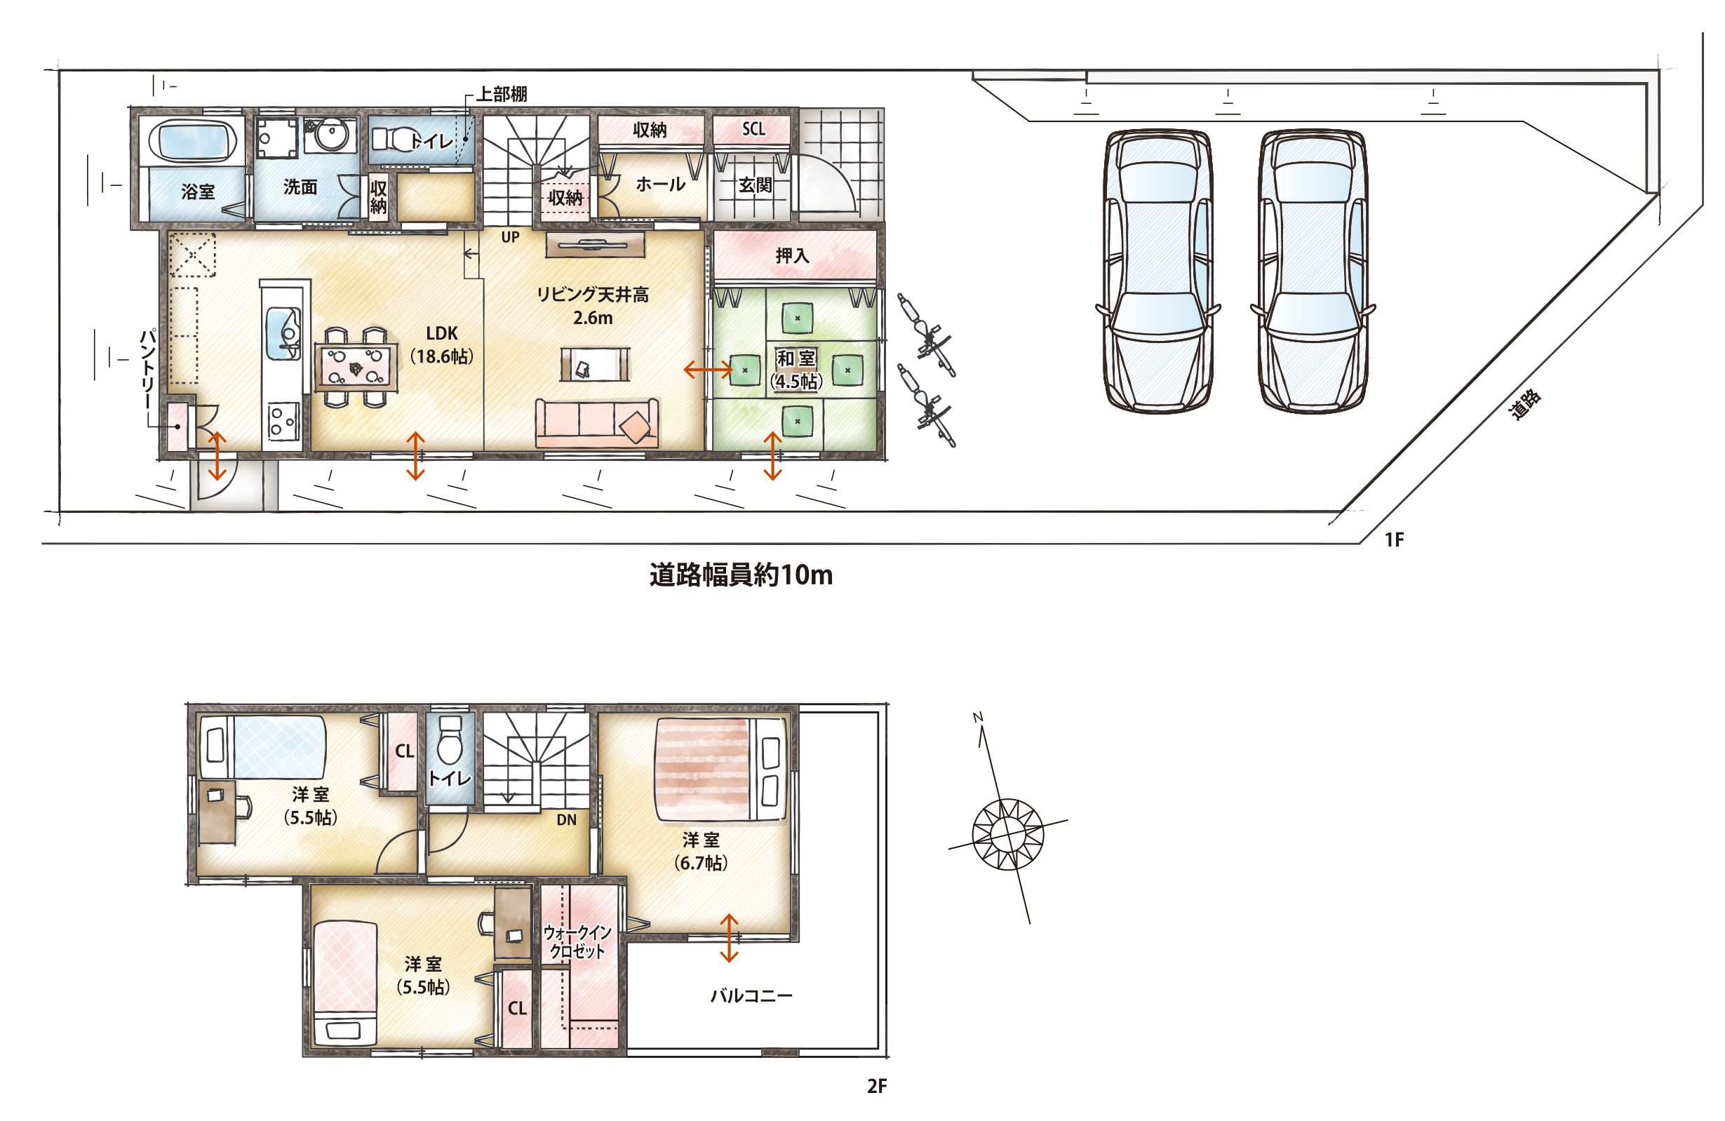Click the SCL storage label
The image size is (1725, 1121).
(754, 129)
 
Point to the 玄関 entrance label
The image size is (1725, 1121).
(756, 184)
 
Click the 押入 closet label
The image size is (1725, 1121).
(792, 255)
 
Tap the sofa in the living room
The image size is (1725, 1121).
(597, 422)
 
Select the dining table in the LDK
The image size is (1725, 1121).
(356, 367)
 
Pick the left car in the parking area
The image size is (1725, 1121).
(1157, 271)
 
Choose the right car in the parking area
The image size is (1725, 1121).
(1313, 271)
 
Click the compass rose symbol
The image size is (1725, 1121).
(1007, 833)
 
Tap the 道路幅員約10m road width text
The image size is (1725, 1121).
(741, 575)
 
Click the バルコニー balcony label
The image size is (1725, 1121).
(751, 995)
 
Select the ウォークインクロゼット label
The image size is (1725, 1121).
(577, 941)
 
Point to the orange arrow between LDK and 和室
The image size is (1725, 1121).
(708, 370)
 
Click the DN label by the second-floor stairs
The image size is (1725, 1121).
(567, 819)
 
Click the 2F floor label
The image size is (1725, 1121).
(877, 1086)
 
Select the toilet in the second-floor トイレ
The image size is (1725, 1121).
(450, 741)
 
